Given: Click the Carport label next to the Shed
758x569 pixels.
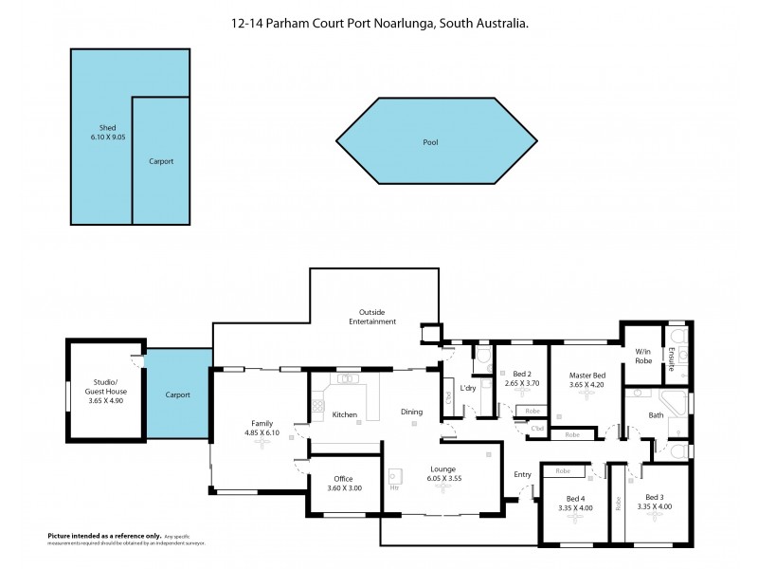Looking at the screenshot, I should (161, 161).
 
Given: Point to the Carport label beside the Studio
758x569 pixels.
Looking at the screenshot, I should (177, 395).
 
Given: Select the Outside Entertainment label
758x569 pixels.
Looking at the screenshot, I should (377, 317).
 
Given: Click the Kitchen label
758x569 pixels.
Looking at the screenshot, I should (344, 414).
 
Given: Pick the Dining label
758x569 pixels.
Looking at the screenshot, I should (411, 411).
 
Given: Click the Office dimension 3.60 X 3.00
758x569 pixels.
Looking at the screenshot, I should (343, 487).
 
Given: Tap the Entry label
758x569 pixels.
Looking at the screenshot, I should (523, 474).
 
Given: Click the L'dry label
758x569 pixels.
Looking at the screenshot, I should (467, 389).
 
